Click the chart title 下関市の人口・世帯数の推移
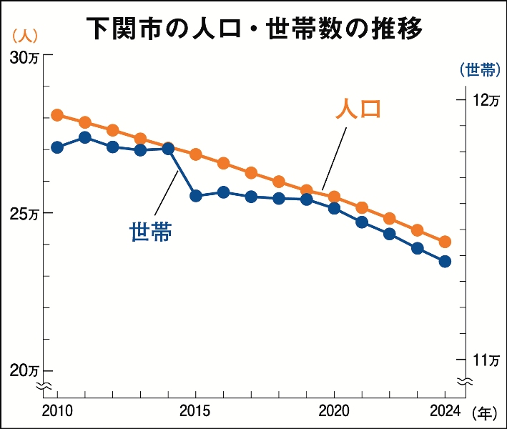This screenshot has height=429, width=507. (x=253, y=29)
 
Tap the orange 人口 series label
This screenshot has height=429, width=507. (x=358, y=109)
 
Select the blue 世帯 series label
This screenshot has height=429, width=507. (x=150, y=232)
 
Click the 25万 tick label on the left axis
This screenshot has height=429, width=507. (x=26, y=214)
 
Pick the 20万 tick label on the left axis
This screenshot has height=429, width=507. (x=26, y=370)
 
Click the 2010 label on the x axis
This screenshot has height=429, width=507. (x=57, y=410)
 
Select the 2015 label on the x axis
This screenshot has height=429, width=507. (x=196, y=410)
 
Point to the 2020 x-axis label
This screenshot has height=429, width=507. (x=334, y=410)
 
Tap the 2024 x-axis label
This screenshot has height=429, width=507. (x=445, y=410)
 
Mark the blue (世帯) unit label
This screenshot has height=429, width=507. (x=478, y=69)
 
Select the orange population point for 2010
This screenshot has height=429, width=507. (x=57, y=115)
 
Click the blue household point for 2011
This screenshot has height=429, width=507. (x=85, y=137)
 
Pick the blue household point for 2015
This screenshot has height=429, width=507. (x=196, y=195)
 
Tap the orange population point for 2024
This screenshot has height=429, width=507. (x=445, y=242)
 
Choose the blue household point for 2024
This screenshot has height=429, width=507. (x=445, y=262)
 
